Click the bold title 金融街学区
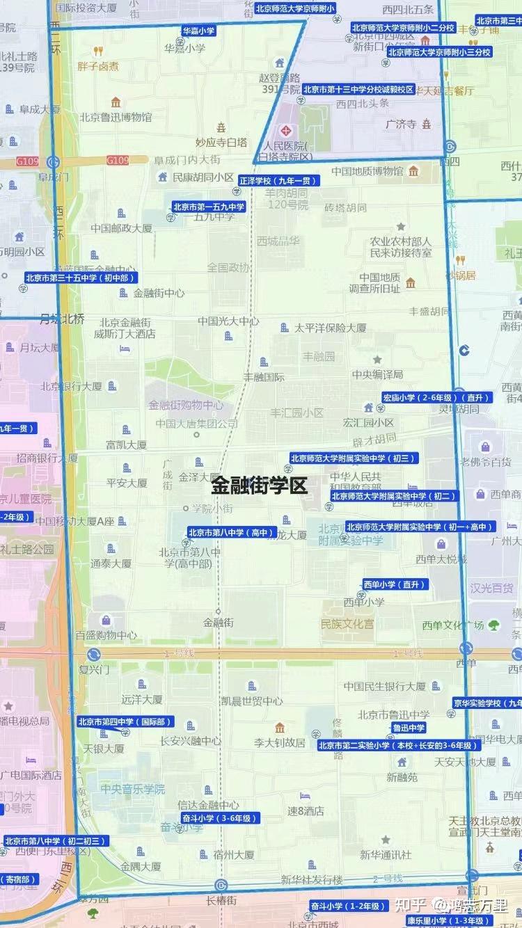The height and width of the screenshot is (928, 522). [x=259, y=485]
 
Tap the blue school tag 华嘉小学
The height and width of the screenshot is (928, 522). [x=199, y=31]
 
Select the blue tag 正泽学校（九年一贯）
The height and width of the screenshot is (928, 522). [x=278, y=181]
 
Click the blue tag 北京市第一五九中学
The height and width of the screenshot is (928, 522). [x=209, y=206]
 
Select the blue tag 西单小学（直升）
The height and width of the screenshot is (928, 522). [x=394, y=584]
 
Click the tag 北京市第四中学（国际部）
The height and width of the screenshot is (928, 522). [x=125, y=722]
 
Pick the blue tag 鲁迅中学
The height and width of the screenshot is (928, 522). [x=409, y=728]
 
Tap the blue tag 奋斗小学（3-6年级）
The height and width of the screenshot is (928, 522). [x=220, y=818]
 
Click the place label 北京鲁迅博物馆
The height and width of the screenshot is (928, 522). [x=116, y=118]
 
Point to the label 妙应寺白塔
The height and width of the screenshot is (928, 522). [x=221, y=142]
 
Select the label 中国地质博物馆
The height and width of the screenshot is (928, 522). [x=367, y=171]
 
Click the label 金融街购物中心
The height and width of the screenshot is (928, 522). [x=186, y=404]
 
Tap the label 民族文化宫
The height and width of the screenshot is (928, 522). [x=347, y=623]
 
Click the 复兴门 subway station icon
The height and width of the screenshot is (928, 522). [x=93, y=655]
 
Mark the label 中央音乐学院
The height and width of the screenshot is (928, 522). [x=132, y=789]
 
